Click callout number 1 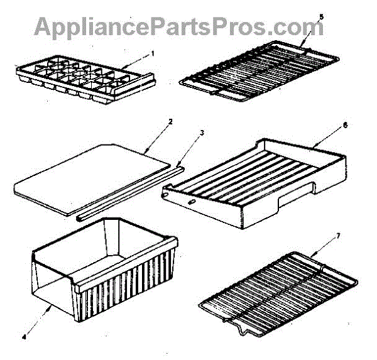152,54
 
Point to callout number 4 24,337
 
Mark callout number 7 339,236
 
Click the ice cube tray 82,80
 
